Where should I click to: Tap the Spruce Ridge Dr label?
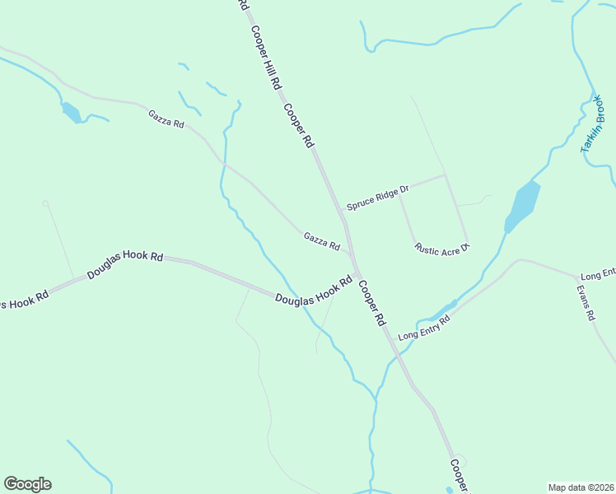coord(377,198)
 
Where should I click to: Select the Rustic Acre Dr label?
coord(441,247)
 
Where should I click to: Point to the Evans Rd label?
coord(586,303)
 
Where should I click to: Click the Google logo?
coord(27,483)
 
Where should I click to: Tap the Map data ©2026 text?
coord(581,487)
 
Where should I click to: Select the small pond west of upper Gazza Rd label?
coord(72,112)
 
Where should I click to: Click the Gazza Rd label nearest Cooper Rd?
coord(321,241)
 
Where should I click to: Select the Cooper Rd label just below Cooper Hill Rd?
coord(299,126)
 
